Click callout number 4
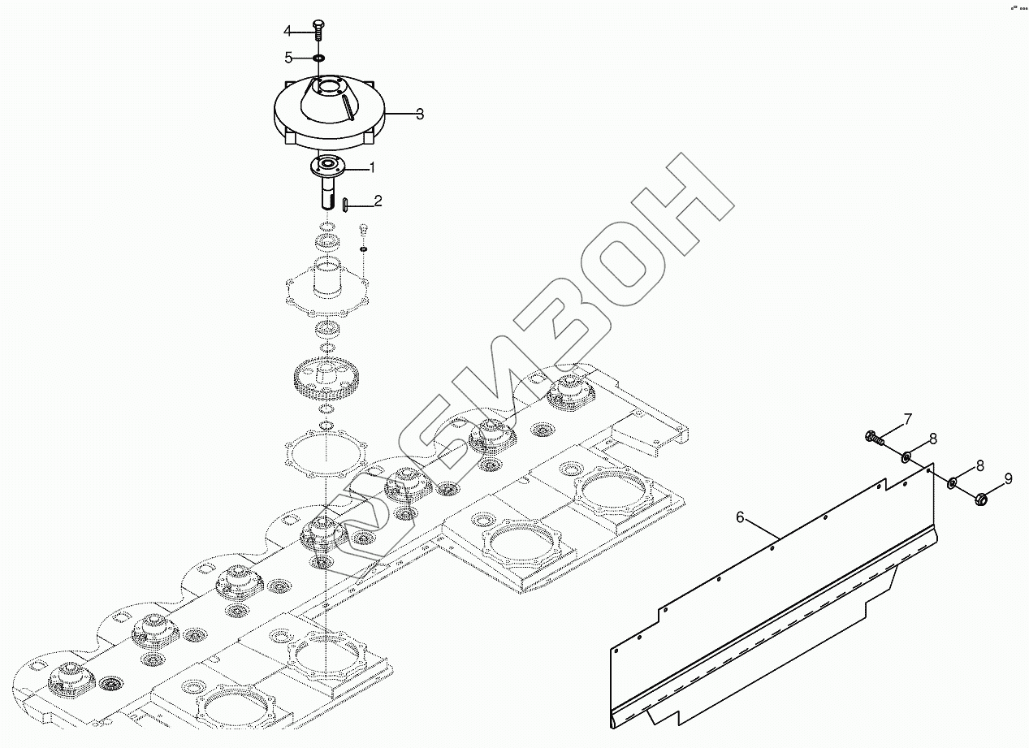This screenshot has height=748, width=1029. pos(287,31)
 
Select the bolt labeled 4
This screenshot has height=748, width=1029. pos(318,28)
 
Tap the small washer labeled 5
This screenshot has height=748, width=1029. pos(318,58)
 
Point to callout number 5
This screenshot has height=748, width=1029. pos(288,57)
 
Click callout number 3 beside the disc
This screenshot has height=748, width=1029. pos(419,114)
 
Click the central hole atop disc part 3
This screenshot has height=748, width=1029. pos(331,85)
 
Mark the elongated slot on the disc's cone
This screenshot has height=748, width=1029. pos(347,105)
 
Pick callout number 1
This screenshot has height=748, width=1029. pos(372,168)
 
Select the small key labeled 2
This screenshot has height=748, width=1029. pos(345,204)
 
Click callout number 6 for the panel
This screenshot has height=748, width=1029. pos(740,517)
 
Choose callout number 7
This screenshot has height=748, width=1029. pos(908,420)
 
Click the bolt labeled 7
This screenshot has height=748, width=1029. pos(873,439)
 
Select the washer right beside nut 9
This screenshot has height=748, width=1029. pos(953,484)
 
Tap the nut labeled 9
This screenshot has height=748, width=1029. pos(980,497)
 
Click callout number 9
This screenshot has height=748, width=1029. pos(1008,479)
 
